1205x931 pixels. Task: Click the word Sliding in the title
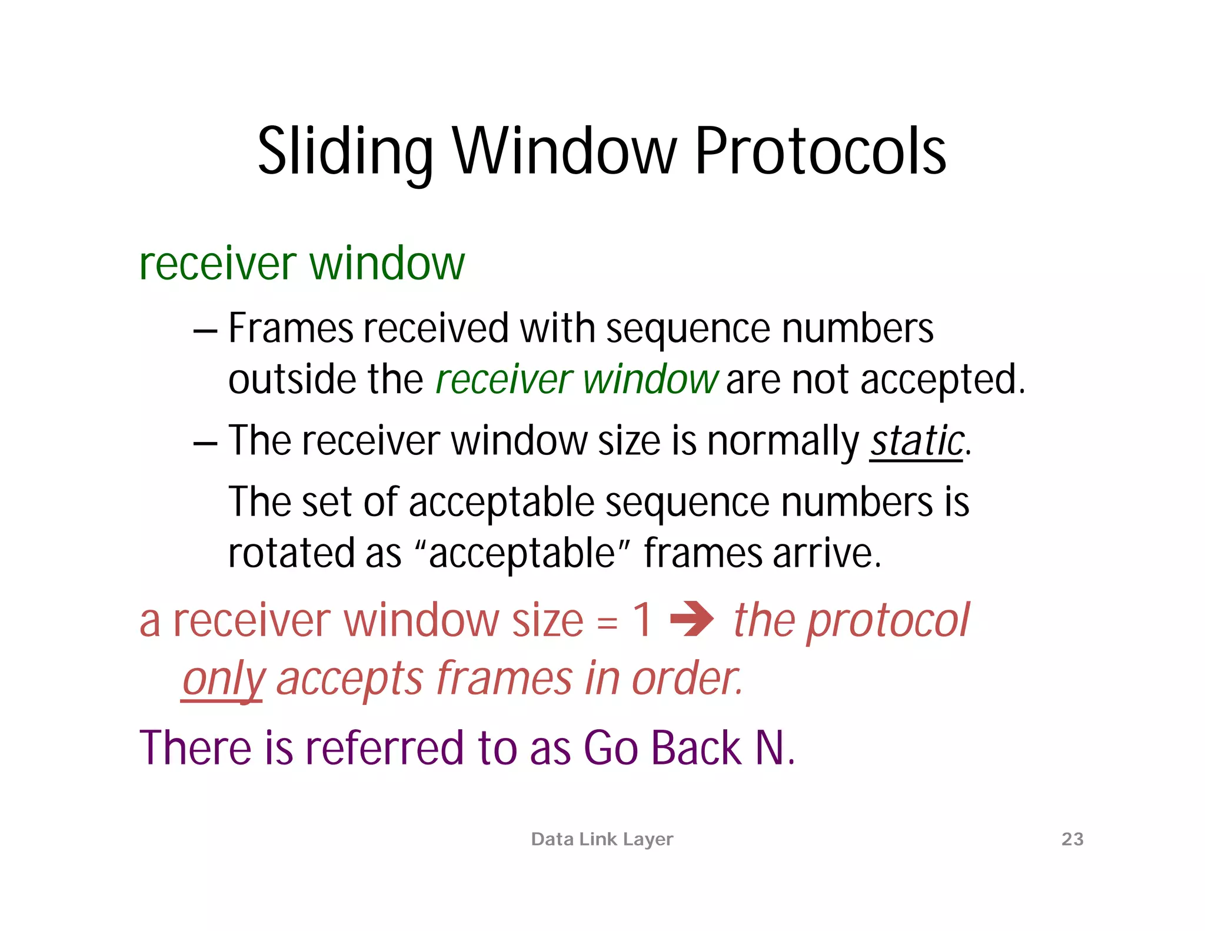[x=345, y=152]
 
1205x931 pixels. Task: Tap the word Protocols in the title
[x=820, y=152]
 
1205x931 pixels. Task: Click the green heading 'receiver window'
[x=302, y=263]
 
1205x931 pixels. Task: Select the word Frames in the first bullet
[x=291, y=328]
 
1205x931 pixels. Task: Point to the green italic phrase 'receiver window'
[x=577, y=380]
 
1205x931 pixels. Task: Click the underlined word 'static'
[x=917, y=441]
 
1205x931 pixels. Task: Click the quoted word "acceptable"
[x=522, y=553]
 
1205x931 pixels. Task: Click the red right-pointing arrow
[x=693, y=619]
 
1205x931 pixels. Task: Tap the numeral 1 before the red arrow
[x=642, y=620]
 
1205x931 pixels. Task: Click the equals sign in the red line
[x=607, y=623]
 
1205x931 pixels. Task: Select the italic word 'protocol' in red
[x=888, y=621]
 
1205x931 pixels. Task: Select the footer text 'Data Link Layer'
[x=602, y=839]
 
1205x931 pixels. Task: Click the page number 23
[x=1072, y=839]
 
